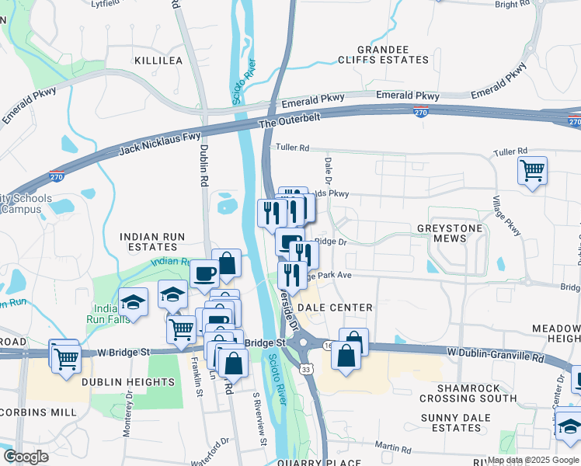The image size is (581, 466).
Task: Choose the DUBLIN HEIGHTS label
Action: [x=128, y=382]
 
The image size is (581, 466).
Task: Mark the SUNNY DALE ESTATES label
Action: [x=462, y=423]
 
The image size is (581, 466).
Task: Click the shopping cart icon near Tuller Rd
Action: [x=532, y=170]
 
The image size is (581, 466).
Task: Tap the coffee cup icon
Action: [x=205, y=273]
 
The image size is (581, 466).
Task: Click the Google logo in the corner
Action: [x=26, y=456]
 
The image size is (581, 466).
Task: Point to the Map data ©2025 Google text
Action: [x=532, y=460]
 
